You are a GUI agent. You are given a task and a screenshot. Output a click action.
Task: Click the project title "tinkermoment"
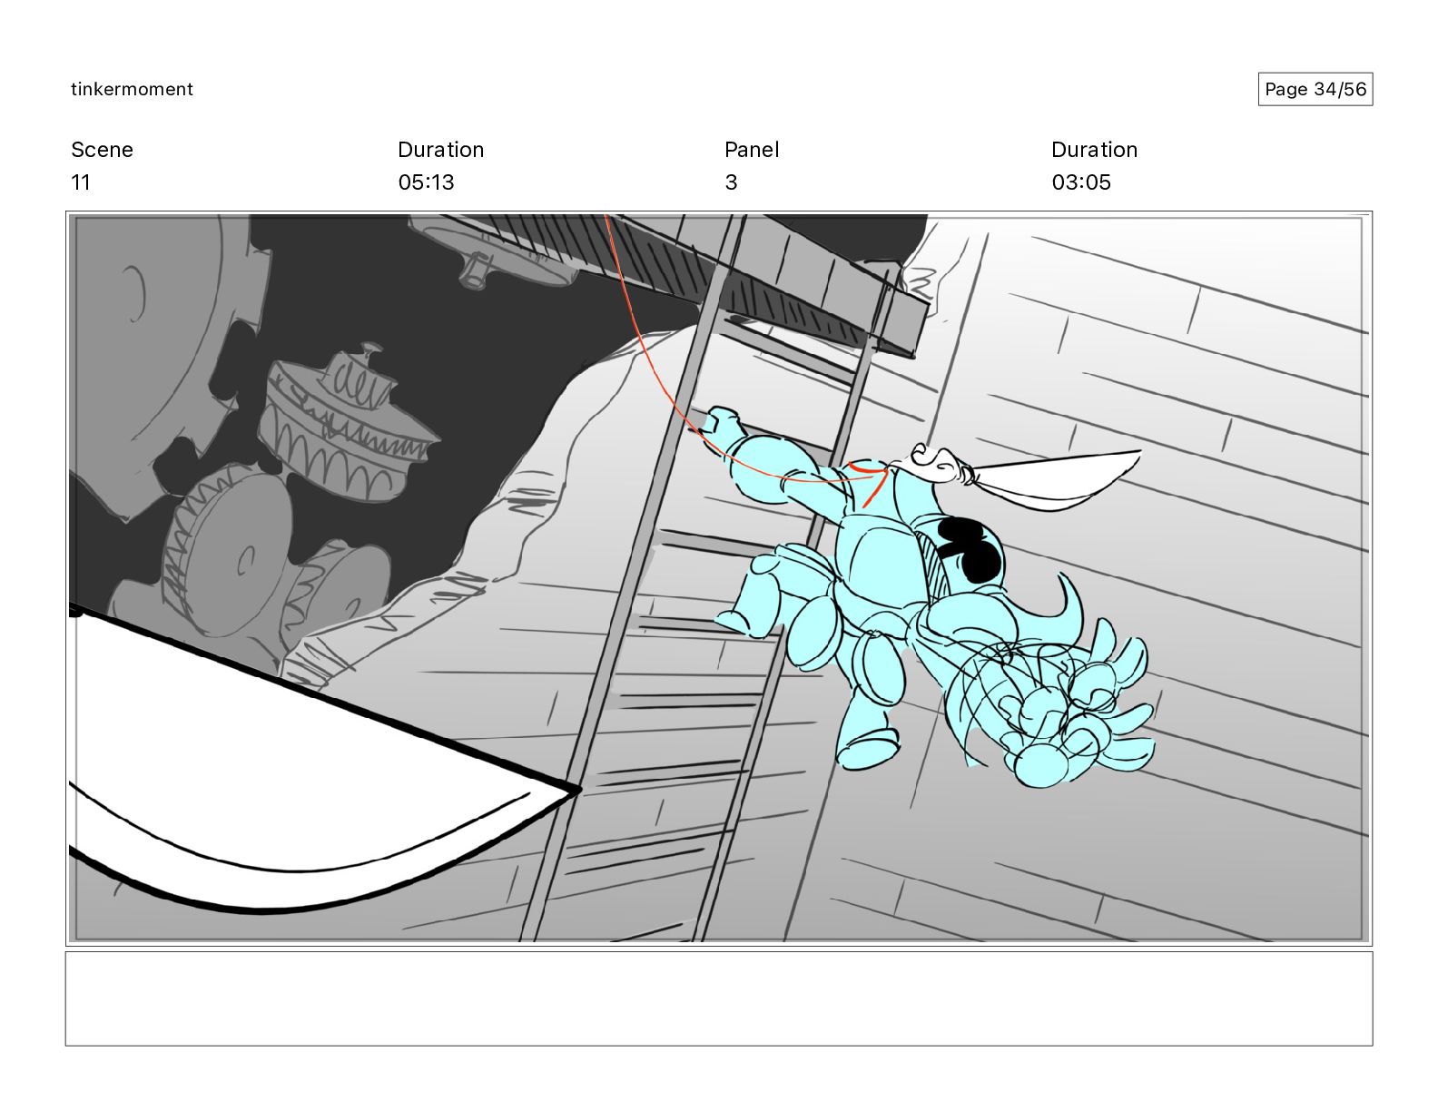[x=132, y=89]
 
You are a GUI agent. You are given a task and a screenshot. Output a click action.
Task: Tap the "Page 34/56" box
[x=1315, y=89]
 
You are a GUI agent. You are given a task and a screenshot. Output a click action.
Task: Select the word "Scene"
[x=102, y=150]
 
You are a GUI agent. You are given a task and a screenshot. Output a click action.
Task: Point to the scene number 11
[x=80, y=182]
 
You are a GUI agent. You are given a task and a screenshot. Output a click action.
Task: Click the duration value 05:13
[x=426, y=182]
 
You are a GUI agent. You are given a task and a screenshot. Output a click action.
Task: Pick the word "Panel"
[x=752, y=150]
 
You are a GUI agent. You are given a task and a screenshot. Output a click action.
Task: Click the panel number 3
[x=731, y=182]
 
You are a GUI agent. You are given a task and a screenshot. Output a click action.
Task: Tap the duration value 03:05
[x=1081, y=182]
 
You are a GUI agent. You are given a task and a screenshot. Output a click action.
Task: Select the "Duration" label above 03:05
[x=1095, y=150]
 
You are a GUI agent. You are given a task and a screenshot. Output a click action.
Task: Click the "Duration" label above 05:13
[x=440, y=150]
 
